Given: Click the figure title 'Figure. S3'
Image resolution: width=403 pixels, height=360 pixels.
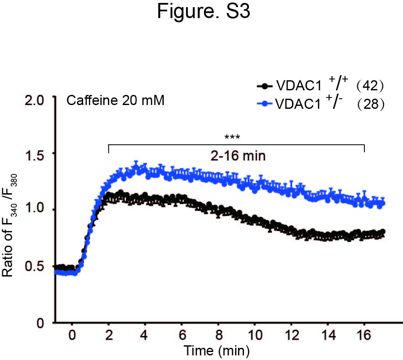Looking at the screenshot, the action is (203, 12).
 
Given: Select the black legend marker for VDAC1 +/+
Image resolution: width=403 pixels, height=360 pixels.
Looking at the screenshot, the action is (264, 86).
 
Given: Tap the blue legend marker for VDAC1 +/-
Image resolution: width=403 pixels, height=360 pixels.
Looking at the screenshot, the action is (264, 104).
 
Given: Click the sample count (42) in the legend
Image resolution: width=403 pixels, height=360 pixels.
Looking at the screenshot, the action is (370, 85).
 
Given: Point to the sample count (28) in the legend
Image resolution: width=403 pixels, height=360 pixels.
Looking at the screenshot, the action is (371, 104).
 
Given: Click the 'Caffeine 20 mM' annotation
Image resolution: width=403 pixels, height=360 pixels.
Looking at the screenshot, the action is (115, 100).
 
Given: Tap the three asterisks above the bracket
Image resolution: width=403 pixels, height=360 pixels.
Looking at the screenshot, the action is (232, 137).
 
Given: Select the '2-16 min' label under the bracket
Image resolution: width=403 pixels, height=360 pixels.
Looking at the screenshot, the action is (238, 156).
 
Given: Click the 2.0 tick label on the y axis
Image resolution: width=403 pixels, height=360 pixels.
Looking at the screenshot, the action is (34, 100).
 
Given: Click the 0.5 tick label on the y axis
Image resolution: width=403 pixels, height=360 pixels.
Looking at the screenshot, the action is (34, 266).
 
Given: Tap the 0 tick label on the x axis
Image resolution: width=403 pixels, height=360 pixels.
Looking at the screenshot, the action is (72, 335).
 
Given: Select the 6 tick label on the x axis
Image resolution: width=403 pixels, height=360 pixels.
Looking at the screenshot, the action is (183, 335).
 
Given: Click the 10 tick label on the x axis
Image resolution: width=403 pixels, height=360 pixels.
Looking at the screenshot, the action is (255, 335).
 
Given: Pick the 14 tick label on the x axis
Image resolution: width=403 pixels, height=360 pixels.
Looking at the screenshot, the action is (329, 335).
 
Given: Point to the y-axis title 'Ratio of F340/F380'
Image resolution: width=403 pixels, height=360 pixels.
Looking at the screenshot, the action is (9, 226).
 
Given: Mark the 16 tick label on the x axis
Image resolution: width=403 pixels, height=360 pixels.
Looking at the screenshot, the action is (364, 335).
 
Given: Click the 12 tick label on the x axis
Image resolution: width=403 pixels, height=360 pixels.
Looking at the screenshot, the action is (292, 335).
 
